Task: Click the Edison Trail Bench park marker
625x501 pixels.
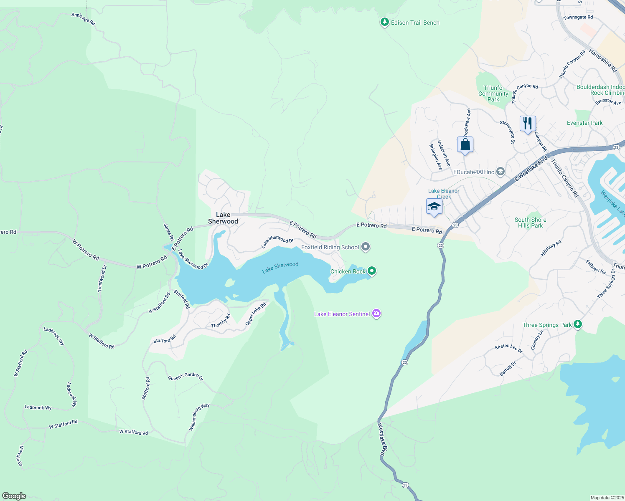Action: (385, 23)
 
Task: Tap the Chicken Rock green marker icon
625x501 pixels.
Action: (371, 271)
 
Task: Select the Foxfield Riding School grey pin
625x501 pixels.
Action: (366, 247)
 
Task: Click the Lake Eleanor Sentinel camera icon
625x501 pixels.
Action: (376, 314)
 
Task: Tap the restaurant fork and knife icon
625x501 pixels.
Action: (528, 124)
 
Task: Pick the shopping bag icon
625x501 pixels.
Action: (465, 145)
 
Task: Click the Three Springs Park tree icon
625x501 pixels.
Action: (578, 324)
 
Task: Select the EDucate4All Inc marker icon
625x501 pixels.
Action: (501, 172)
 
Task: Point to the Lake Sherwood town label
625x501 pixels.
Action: (223, 218)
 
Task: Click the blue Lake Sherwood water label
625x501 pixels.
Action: (280, 268)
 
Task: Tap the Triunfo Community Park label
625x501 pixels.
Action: (493, 94)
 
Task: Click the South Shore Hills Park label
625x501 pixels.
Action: (530, 223)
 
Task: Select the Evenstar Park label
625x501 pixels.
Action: (584, 123)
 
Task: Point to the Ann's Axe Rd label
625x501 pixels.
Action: (83, 19)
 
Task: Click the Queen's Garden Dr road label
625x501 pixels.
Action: (185, 377)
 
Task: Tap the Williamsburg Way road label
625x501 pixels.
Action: (199, 417)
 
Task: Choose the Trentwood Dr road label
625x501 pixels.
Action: (102, 278)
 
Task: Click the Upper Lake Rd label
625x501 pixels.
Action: (255, 314)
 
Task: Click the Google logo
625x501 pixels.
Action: (14, 496)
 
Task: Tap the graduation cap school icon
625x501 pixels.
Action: (434, 207)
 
